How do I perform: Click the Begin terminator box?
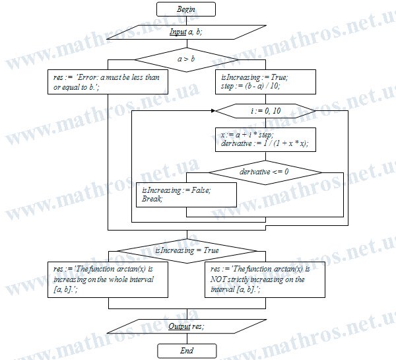coord(186,9)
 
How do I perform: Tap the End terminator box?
coord(187,351)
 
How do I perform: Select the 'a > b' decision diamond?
coord(187,59)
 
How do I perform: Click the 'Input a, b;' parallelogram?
coord(187,32)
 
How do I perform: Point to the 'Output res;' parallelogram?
coord(187,326)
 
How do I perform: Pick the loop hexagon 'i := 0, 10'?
coord(265,111)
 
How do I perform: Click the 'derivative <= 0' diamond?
coord(265,172)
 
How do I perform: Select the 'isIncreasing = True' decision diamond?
coord(187,251)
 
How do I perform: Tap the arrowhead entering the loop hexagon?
coord(214,111)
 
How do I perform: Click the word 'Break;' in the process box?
coord(152,199)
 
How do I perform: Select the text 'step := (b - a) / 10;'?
coord(251,87)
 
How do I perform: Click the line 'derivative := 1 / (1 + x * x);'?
coord(265,143)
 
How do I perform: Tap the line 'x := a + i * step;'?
coord(247,135)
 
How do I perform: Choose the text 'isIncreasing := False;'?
coord(176,190)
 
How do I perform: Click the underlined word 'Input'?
coord(178,32)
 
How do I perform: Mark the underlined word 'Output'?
coord(180,326)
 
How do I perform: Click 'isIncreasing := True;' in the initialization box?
coord(255,77)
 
